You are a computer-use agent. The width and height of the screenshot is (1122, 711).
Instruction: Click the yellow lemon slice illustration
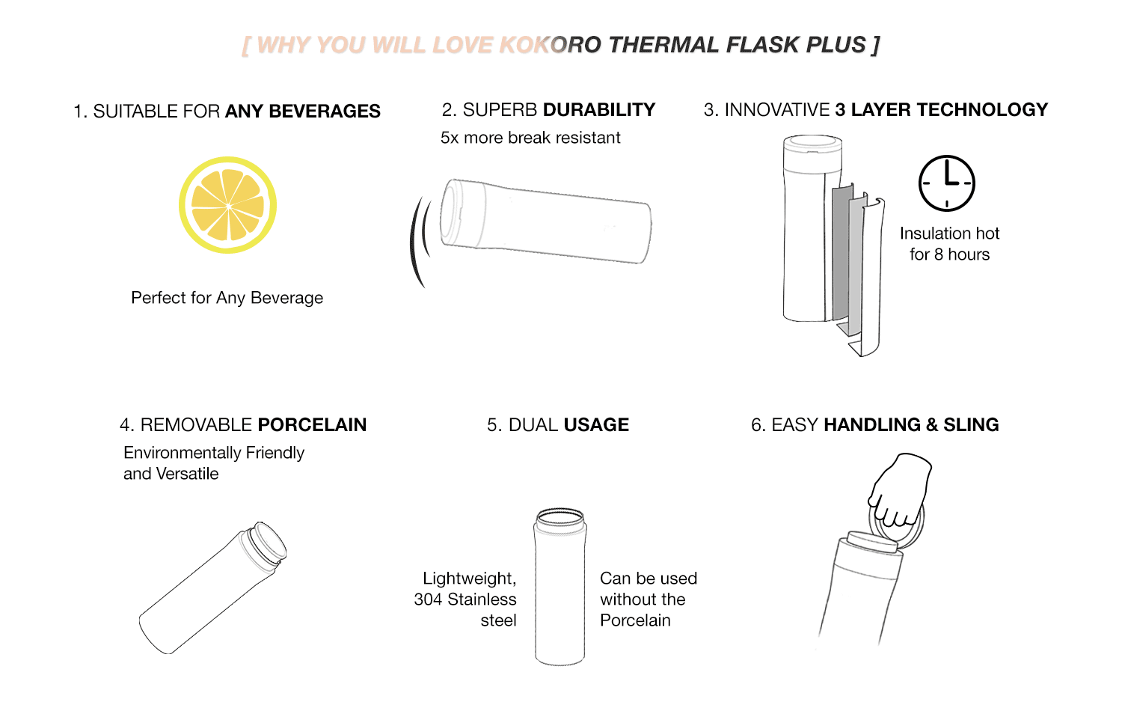(x=228, y=205)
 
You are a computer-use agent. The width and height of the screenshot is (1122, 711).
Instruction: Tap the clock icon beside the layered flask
(x=947, y=183)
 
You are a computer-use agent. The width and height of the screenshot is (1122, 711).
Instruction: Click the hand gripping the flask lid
(x=900, y=489)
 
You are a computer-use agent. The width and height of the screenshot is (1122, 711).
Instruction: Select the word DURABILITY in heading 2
(x=599, y=110)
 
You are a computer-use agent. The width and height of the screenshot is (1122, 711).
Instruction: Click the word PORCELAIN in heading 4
(x=312, y=425)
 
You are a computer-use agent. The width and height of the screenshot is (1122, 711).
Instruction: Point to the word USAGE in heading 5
(x=596, y=425)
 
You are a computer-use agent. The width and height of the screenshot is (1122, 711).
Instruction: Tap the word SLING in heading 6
(x=971, y=425)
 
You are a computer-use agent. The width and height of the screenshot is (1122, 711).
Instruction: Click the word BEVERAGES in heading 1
(x=325, y=112)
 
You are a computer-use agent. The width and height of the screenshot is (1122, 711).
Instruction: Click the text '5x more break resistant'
(x=530, y=137)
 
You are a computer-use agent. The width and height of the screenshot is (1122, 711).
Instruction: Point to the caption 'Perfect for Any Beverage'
(x=227, y=298)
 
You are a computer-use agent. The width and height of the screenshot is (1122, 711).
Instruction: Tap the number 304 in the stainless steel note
(x=428, y=599)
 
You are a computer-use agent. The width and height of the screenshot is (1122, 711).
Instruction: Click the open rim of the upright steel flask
(x=560, y=516)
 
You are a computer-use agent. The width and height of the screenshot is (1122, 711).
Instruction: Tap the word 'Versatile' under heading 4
(x=187, y=474)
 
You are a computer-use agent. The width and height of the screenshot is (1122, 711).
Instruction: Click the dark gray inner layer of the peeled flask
(x=841, y=255)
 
